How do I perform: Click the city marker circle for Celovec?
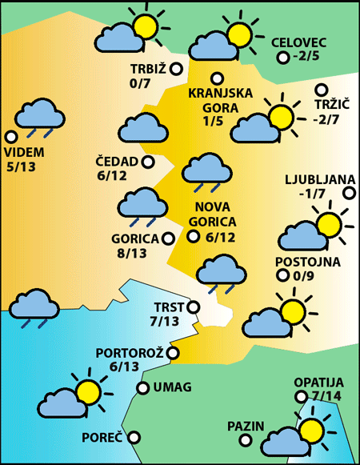pos(282,58)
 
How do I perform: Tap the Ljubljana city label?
pos(318,178)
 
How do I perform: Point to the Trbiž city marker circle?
pos(176,69)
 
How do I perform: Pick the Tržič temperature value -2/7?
pos(328,119)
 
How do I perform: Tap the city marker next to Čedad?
pos(148,162)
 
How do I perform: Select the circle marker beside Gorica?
pos(168,238)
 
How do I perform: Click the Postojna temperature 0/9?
pos(307,277)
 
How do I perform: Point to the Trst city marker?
pos(192,306)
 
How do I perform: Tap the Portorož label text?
pos(129,352)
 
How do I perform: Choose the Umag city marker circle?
pos(142,388)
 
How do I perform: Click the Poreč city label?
pos(102,438)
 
